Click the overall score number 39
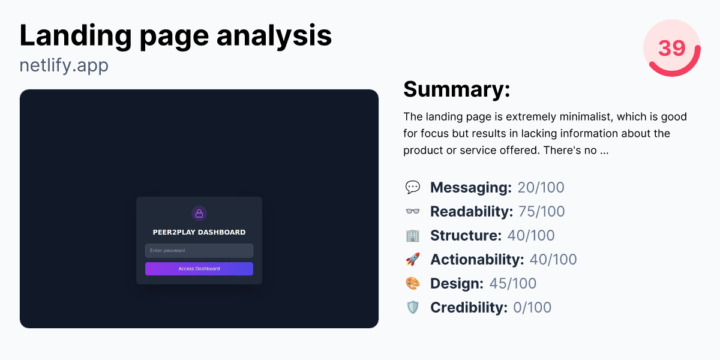[x=671, y=48]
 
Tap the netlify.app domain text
[x=64, y=65]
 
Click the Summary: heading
[x=457, y=89]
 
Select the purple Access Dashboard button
[x=199, y=269]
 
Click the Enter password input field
[x=199, y=250]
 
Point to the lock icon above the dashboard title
[x=199, y=214]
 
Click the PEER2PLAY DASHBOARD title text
[x=199, y=232]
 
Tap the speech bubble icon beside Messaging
[x=413, y=187]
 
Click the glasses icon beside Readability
[x=413, y=211]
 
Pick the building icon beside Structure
[x=413, y=235]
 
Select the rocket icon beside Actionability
[x=413, y=259]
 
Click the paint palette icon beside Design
[x=413, y=283]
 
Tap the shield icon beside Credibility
[x=413, y=307]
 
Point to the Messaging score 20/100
[x=541, y=187]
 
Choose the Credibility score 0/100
[x=532, y=307]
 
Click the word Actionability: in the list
[x=477, y=259]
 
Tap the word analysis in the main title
[x=274, y=36]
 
